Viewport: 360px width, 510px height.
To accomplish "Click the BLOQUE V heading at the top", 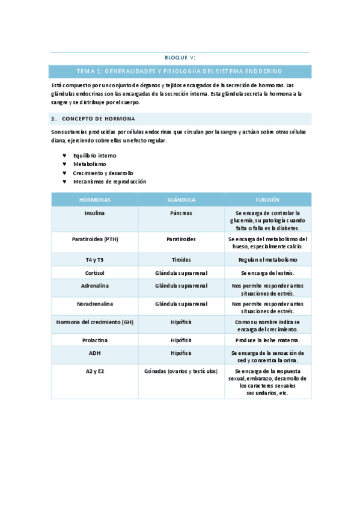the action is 180,58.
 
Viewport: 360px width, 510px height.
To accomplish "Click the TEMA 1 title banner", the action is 180,71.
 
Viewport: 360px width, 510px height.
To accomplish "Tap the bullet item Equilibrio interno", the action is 95,155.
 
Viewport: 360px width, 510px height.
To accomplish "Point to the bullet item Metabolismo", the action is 90,164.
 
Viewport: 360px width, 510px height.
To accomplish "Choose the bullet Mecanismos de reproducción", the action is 109,181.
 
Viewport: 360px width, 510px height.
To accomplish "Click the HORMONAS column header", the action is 95,200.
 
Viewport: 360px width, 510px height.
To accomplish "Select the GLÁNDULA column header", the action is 181,200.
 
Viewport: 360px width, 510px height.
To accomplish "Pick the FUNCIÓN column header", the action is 267,200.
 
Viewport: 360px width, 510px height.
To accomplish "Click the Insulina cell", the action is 95,213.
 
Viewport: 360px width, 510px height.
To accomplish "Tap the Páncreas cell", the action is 181,213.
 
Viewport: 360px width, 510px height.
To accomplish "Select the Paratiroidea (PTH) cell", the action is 95,239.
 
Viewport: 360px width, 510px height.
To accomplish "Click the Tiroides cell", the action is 181,260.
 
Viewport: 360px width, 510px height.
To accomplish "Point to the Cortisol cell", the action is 95,273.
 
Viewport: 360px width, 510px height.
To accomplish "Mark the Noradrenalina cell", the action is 95,304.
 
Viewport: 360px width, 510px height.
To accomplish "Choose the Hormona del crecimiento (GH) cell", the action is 95,322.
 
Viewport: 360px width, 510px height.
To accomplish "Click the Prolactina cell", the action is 95,340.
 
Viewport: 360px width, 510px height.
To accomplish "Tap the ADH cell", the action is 95,352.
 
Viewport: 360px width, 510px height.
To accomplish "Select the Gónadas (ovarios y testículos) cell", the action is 181,370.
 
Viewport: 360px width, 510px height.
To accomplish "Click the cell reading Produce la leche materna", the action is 267,340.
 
